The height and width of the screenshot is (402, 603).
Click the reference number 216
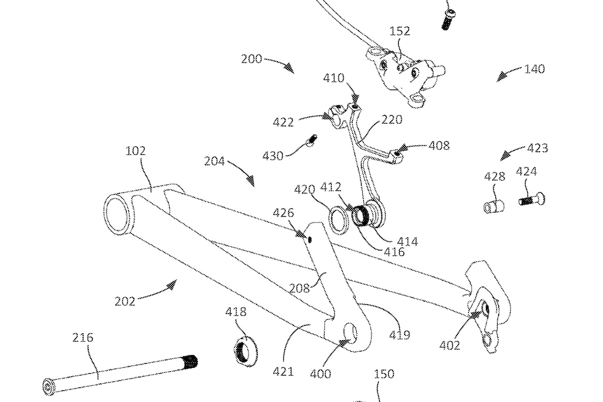tap(83, 338)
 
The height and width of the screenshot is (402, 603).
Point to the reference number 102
tap(135, 151)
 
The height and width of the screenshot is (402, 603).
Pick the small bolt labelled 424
tap(531, 200)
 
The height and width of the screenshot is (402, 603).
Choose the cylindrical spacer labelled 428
tap(495, 206)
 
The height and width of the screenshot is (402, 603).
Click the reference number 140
tap(534, 69)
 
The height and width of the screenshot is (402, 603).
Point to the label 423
tap(537, 148)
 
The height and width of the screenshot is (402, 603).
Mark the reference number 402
tap(449, 346)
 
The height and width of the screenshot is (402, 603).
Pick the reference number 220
tap(392, 119)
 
